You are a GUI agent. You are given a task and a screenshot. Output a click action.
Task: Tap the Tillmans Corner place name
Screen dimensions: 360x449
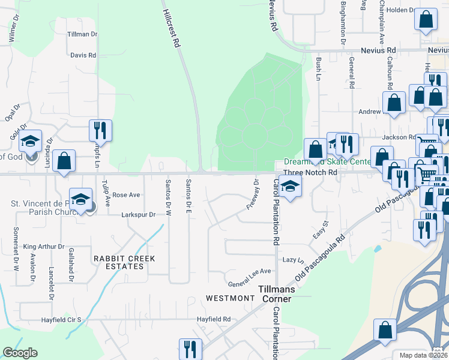coord(285,289)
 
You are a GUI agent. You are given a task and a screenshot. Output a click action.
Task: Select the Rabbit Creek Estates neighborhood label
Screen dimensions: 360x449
coord(124,262)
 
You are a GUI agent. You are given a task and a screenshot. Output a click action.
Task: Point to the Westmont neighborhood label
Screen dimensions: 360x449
coord(231,298)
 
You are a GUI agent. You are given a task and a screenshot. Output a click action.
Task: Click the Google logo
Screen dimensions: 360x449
coord(20,353)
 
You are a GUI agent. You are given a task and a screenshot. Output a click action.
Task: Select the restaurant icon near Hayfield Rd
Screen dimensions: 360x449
coord(190,349)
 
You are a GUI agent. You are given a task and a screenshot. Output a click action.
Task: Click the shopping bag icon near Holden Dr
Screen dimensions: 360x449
coord(426,19)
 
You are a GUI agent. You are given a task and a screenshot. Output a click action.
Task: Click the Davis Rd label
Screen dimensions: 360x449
coord(83,55)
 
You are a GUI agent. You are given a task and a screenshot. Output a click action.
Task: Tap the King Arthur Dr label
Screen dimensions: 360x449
coord(44,247)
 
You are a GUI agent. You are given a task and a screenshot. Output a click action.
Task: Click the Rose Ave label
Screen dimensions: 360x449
coord(126,195)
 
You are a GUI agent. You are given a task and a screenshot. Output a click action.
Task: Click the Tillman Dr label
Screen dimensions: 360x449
coord(82,34)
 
